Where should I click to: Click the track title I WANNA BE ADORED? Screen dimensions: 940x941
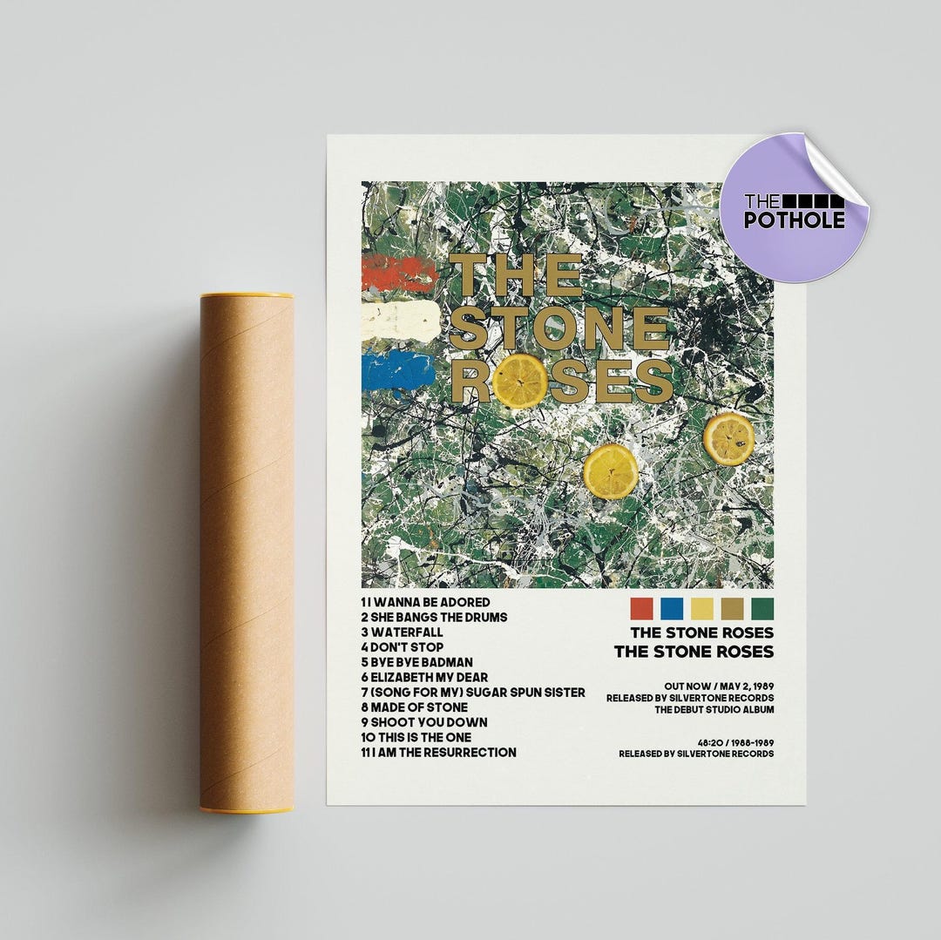click(425, 602)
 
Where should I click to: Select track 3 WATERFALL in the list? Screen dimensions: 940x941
click(402, 632)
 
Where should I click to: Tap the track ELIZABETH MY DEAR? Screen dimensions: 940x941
click(423, 677)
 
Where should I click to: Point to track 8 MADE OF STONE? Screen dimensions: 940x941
click(414, 707)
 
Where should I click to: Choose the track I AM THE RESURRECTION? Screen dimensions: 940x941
click(438, 752)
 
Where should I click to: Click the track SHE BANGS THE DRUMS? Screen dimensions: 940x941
click(433, 617)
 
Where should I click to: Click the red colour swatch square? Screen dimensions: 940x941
click(641, 607)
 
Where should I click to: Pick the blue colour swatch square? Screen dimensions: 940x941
click(672, 607)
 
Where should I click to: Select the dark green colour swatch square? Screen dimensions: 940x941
click(762, 607)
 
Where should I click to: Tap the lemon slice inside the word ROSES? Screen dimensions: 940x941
click(520, 381)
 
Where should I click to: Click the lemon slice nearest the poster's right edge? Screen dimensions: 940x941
click(729, 438)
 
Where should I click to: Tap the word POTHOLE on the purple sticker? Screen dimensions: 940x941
click(794, 220)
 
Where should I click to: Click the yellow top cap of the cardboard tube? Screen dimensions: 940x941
click(247, 295)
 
